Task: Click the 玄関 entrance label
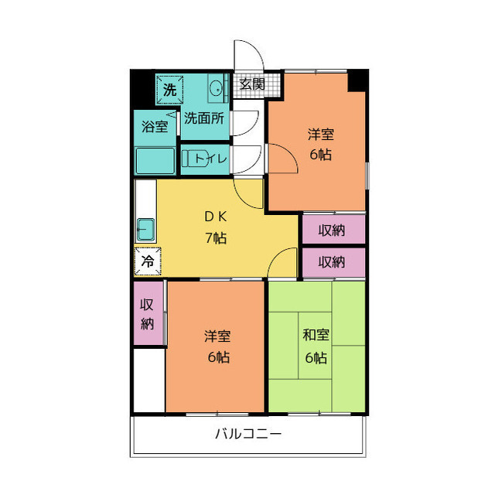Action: [252, 84]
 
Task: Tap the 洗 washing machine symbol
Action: [169, 89]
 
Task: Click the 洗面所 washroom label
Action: [204, 119]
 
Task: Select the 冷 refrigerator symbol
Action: [147, 261]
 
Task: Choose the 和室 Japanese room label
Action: [316, 336]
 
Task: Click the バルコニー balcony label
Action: [248, 434]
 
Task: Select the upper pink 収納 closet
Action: [333, 229]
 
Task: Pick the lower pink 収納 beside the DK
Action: [333, 261]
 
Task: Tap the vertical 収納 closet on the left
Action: [147, 313]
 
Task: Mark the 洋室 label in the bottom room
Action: [217, 336]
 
